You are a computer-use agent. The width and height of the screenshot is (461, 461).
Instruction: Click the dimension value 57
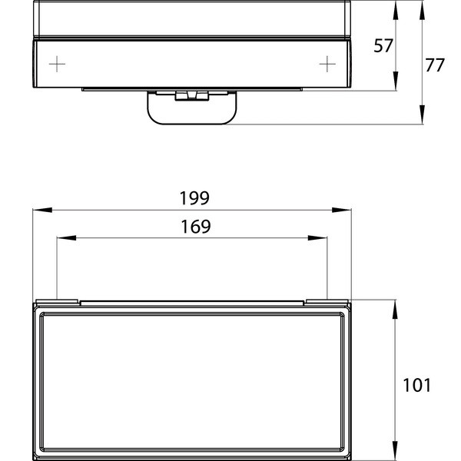click(x=383, y=46)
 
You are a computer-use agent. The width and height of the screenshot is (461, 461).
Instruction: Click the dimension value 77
click(x=435, y=65)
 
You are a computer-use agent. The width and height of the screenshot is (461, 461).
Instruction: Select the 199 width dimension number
click(x=194, y=198)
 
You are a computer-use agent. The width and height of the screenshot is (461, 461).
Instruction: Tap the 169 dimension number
click(x=194, y=227)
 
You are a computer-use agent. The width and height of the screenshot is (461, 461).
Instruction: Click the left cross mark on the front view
click(x=58, y=63)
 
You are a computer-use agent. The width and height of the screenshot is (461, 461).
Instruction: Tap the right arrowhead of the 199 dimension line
click(x=347, y=209)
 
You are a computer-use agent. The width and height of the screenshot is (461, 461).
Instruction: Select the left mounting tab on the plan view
click(x=58, y=300)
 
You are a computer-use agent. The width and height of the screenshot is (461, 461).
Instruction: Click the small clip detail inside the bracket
click(x=191, y=96)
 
